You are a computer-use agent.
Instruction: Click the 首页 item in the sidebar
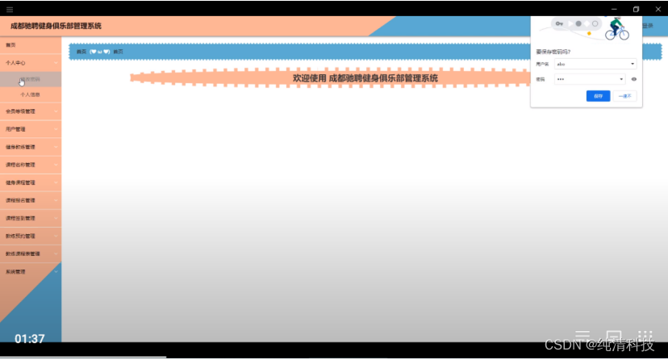tap(10, 44)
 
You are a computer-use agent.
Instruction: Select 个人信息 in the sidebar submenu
tap(30, 94)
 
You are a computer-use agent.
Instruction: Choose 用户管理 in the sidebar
tap(15, 129)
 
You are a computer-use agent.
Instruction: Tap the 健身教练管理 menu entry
tap(20, 147)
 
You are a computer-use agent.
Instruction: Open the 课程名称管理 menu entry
tap(20, 165)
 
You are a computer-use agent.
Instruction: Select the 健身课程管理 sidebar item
tap(20, 182)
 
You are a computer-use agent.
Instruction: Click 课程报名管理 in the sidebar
tap(20, 200)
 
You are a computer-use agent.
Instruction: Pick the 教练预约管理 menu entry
tap(20, 237)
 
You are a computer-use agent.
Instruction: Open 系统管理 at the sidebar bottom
tap(15, 272)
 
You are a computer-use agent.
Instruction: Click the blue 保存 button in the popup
tap(598, 95)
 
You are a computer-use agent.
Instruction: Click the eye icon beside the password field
tap(634, 79)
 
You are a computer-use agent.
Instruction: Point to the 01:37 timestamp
tap(29, 339)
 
